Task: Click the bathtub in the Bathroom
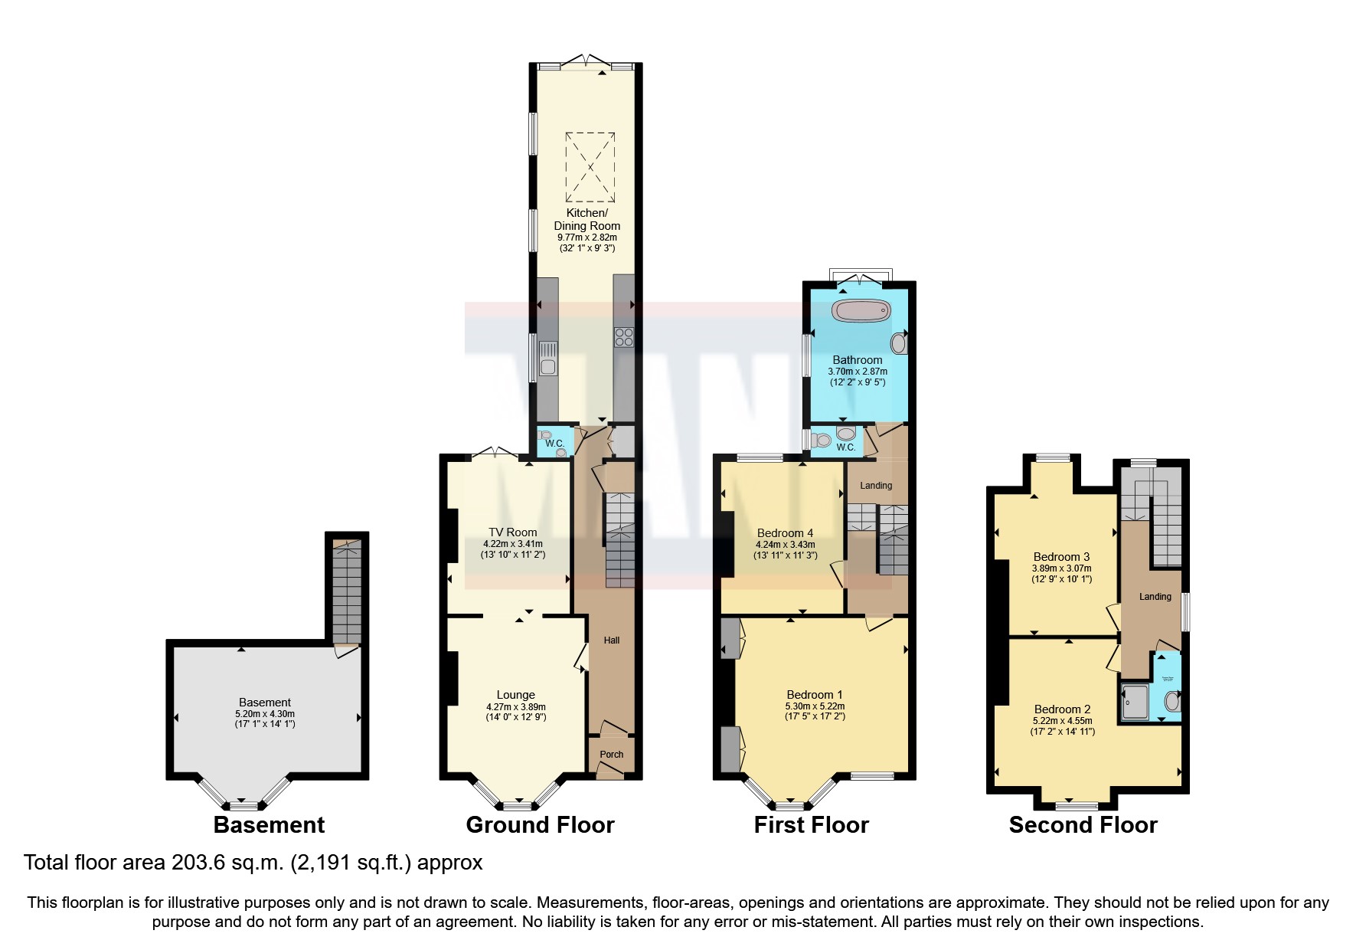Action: tap(862, 311)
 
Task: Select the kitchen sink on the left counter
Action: tap(547, 359)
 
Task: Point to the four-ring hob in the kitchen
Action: tap(623, 337)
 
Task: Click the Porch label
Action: tap(611, 755)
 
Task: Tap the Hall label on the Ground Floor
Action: tap(611, 640)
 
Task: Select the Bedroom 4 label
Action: tap(785, 533)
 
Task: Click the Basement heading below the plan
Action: tap(269, 825)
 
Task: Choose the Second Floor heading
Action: tap(1083, 825)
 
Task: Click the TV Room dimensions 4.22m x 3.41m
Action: tap(512, 544)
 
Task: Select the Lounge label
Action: tap(515, 696)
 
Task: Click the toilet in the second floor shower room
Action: tap(1171, 701)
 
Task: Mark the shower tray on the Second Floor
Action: tap(1135, 703)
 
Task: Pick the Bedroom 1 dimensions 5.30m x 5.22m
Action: tap(815, 706)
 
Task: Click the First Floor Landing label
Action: tap(876, 486)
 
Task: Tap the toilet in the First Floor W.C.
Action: tap(823, 441)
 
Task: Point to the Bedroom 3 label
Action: tap(1061, 557)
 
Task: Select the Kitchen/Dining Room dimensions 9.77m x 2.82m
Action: tap(587, 237)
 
